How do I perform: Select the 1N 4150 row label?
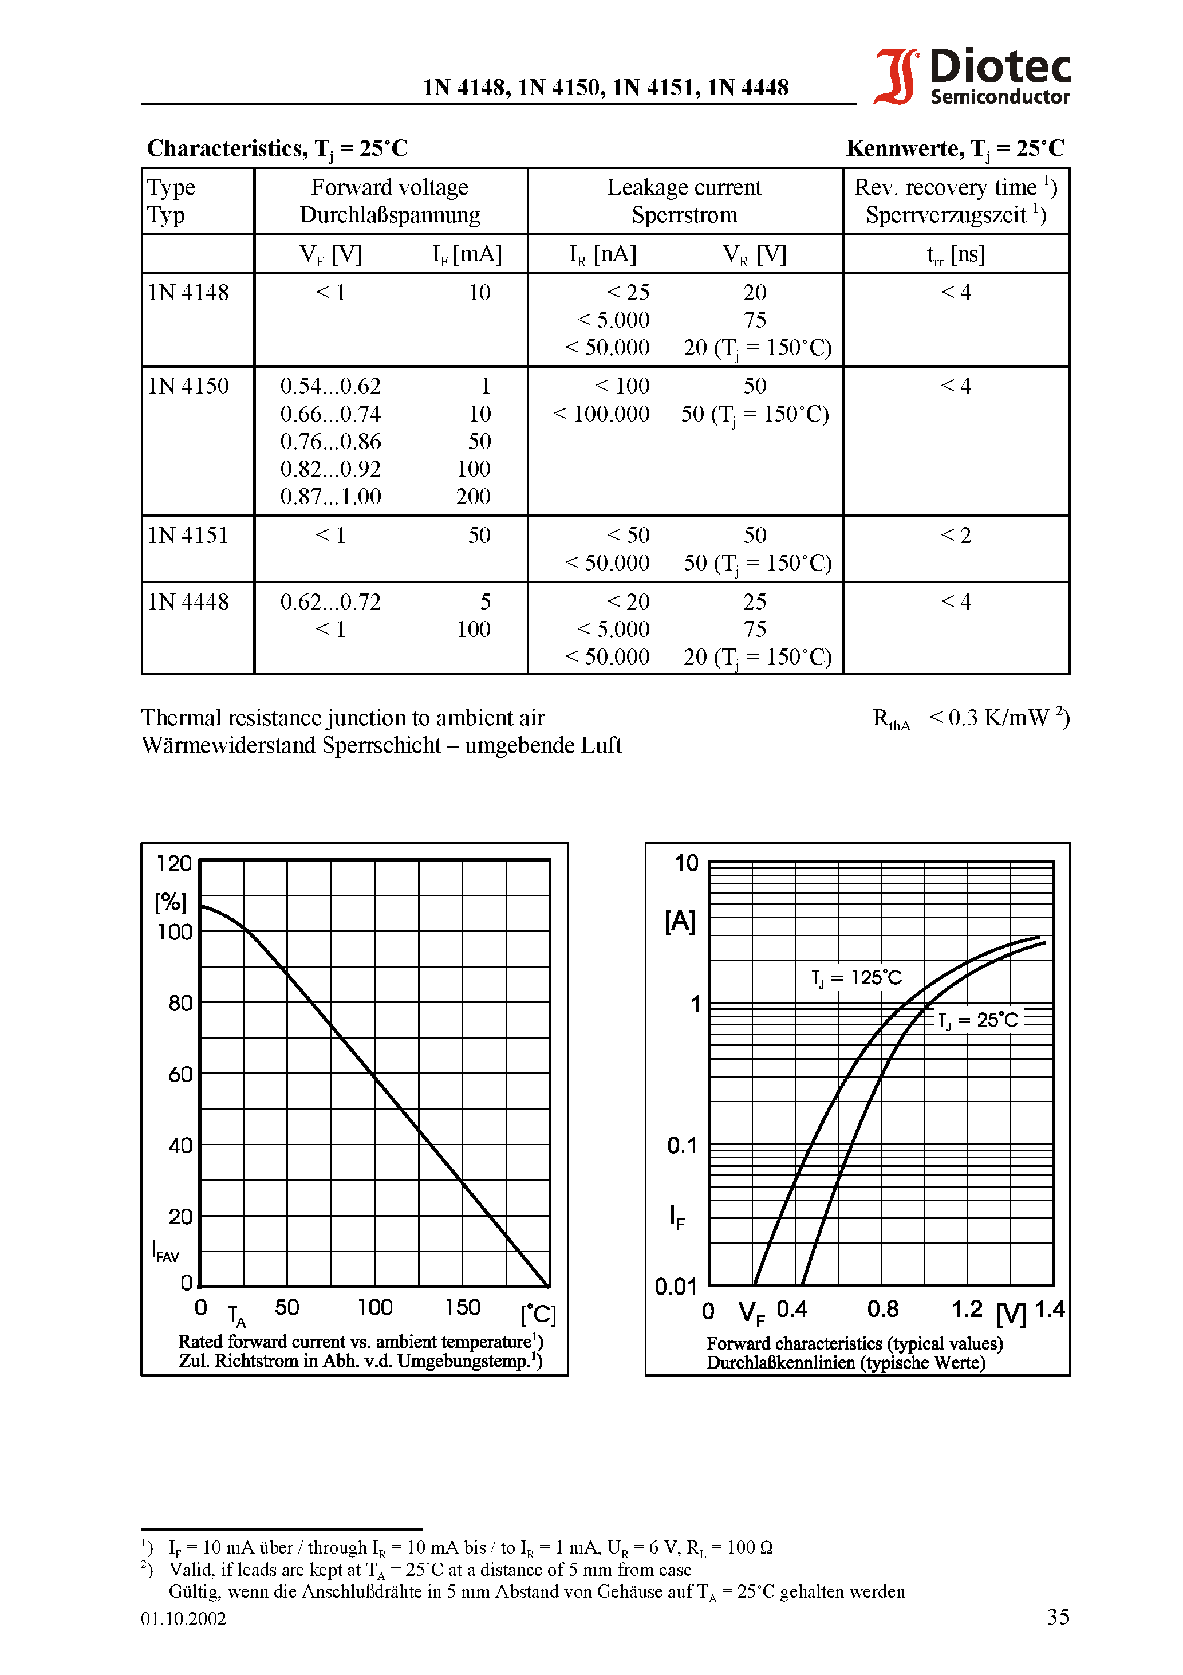[188, 386]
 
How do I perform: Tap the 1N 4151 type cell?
[188, 536]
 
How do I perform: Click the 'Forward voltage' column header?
[389, 187]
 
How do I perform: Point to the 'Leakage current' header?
[684, 187]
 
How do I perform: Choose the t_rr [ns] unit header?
[956, 254]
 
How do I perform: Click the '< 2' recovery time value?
[956, 536]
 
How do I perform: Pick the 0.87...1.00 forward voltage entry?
[330, 497]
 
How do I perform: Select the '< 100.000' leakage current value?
[601, 414]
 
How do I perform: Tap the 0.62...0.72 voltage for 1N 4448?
[330, 602]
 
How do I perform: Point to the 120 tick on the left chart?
[174, 864]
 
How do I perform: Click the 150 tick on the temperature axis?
[463, 1307]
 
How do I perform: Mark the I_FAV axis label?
[165, 1252]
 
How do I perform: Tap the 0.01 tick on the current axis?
[676, 1286]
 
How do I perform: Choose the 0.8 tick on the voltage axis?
[882, 1310]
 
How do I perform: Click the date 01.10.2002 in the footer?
[184, 1619]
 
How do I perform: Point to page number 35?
[1058, 1617]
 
